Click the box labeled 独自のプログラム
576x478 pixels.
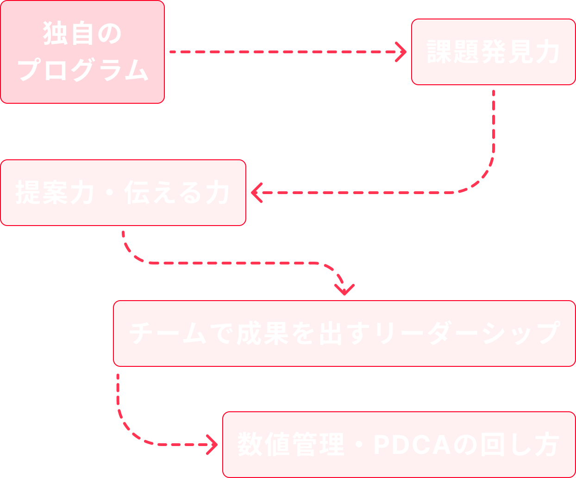click(x=82, y=51)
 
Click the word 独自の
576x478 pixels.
click(x=82, y=34)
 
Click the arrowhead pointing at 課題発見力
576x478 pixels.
click(x=401, y=52)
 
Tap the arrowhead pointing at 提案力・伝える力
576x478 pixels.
click(x=257, y=193)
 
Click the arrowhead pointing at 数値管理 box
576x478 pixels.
click(x=213, y=445)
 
